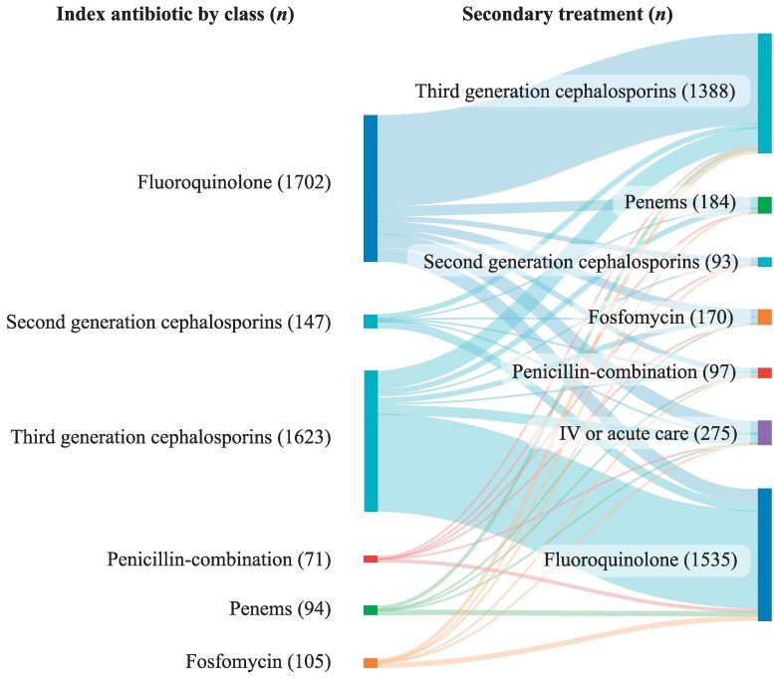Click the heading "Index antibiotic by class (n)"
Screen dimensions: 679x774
coord(168,15)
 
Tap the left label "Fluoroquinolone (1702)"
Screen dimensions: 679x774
coord(234,182)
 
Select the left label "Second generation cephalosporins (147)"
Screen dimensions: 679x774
coord(168,322)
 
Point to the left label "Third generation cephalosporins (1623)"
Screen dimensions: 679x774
coord(170,437)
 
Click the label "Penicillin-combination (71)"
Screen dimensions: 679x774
coord(219,559)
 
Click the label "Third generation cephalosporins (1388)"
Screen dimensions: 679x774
coord(575,93)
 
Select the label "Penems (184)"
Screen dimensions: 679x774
coord(679,204)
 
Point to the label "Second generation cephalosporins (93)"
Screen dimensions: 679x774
coord(580,262)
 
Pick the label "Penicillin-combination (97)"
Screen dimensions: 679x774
coord(623,372)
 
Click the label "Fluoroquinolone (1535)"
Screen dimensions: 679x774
coord(640,561)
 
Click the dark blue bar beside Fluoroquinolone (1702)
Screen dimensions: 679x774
coord(371,188)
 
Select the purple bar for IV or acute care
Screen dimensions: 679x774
coord(764,432)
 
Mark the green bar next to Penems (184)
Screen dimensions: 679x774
coord(764,205)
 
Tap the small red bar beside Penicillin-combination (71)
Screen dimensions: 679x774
coord(371,560)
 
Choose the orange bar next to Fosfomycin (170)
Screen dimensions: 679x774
coord(764,318)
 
